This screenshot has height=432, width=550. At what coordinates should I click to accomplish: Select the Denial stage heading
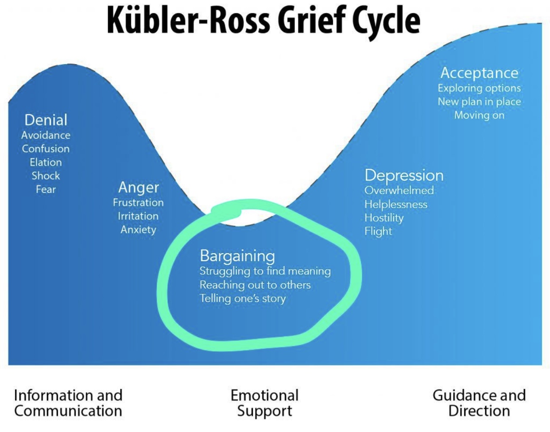pos(46,120)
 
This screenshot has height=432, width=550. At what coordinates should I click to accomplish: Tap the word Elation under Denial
pos(46,162)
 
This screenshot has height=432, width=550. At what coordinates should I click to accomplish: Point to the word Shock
pos(46,176)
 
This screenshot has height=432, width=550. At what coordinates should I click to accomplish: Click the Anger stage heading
pos(138,188)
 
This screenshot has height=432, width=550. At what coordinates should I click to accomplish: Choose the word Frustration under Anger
pos(138,203)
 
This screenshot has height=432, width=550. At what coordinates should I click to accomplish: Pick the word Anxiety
pos(138,230)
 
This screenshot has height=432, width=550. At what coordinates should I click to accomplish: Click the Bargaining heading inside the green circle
pos(237,256)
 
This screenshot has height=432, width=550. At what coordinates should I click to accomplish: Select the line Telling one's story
pos(243,298)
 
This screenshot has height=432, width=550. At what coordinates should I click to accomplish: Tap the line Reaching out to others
pos(255,285)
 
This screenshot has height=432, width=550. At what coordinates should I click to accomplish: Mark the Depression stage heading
pos(404,176)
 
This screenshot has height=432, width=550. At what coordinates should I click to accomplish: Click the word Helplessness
pos(396,204)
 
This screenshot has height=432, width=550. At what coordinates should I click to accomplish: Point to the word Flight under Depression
pos(378,231)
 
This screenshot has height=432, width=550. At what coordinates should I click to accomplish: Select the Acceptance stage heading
pos(479,73)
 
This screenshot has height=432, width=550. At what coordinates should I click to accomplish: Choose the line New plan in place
pos(479,102)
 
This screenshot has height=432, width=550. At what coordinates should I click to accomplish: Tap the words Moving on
pos(479,116)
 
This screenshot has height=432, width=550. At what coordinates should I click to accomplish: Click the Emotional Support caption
pos(265,403)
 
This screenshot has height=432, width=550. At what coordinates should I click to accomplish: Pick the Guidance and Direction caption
pos(479,403)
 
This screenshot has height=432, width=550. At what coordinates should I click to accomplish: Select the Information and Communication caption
pos(68,403)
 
